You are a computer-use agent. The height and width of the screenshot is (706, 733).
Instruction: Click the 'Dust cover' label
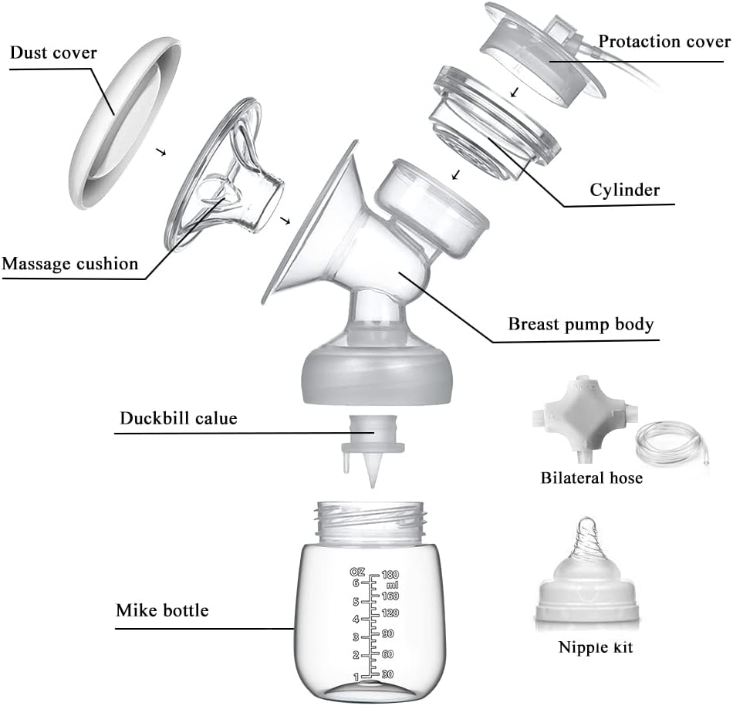pos(54,53)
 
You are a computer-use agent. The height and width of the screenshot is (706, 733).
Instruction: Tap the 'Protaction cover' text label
pos(664,40)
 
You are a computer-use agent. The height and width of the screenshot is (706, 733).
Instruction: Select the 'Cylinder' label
pos(624,189)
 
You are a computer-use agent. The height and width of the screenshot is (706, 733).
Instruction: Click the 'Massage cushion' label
pos(69,264)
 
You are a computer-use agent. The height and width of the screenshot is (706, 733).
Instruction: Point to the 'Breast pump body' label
pos(580,323)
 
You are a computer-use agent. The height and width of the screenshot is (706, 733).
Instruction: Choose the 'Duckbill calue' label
pos(178,419)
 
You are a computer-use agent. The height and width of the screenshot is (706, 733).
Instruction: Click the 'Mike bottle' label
pos(162,610)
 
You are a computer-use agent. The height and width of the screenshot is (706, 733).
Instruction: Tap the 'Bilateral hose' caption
pos(591,478)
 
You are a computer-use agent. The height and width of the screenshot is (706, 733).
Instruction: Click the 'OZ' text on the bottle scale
pos(356,572)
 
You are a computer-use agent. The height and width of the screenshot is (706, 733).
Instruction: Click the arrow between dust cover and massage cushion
pos(160,152)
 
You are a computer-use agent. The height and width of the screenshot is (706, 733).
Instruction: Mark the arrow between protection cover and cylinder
pos(515,93)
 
